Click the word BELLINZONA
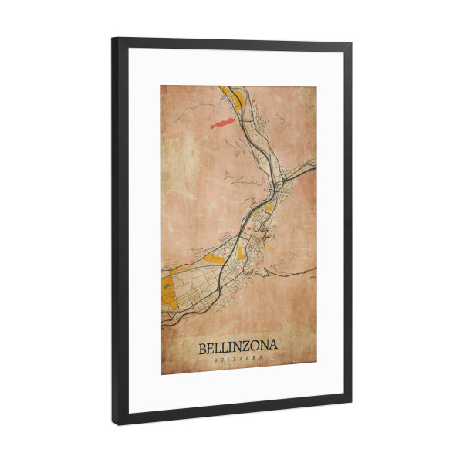coord(238,348)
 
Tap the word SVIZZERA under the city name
coord(238,360)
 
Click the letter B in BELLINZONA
coord(203,348)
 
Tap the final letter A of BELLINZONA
coord(273,348)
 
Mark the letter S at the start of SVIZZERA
coord(215,360)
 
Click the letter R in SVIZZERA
coord(254,360)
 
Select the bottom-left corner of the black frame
coord(116,423)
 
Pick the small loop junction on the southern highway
coord(220,287)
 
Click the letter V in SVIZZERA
coord(222,360)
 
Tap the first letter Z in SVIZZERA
coord(234,360)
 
